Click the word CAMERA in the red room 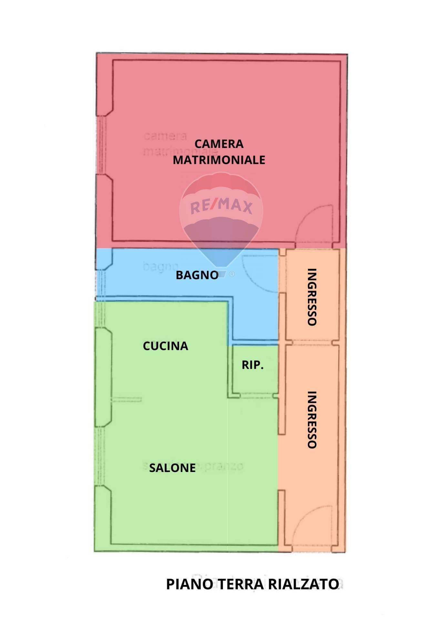coord(219,144)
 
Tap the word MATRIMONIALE coord(219,160)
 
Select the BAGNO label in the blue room coord(197,275)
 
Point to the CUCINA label coord(165,346)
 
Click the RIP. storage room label coord(252,365)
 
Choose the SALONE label coord(172,468)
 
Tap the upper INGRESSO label coord(312,297)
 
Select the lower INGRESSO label coord(312,420)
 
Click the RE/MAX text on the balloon coord(221,206)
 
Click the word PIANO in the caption coord(189,584)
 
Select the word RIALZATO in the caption coord(303,584)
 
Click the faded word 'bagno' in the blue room coord(160,266)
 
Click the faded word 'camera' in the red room coord(165,136)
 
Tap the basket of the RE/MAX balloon coord(221,274)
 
